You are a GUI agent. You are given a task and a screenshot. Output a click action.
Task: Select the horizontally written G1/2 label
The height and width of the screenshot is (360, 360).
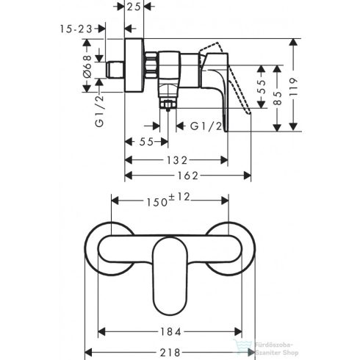pyautogui.click(x=205, y=126)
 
